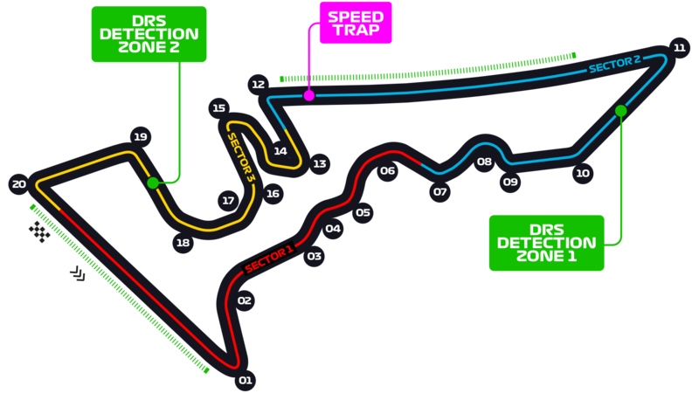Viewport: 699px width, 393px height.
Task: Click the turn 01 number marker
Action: coord(246,380)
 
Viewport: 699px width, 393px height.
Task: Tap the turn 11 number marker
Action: coord(679,47)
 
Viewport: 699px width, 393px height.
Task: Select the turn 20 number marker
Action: coord(18,183)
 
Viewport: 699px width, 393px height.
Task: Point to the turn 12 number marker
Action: coord(258,85)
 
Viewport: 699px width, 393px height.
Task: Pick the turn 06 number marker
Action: coord(387,171)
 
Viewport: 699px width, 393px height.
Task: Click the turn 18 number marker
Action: coord(183,243)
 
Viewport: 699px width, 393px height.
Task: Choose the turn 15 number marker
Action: coord(218,108)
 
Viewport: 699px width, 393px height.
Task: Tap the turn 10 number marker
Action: coord(583,173)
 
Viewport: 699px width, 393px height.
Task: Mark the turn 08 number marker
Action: coord(484,162)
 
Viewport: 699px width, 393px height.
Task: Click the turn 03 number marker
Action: coord(315,257)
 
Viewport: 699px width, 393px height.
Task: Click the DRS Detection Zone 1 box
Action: coord(547,242)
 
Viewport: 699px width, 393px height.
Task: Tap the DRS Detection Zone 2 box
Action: coord(149,34)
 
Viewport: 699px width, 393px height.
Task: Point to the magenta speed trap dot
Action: coord(308,95)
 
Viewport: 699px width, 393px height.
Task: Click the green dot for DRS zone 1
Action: coord(620,111)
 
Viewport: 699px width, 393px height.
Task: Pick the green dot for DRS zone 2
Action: coord(153,183)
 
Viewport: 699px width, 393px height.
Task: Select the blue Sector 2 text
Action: coord(614,64)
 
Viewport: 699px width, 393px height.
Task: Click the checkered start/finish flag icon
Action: coord(39,231)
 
